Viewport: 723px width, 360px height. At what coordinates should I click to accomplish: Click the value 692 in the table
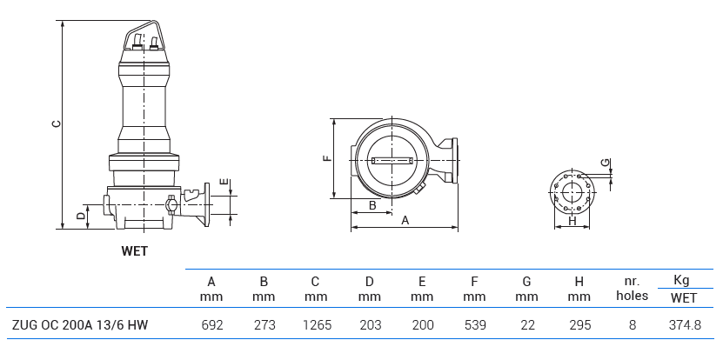point(211,325)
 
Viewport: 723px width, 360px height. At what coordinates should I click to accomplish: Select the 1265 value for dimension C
point(316,325)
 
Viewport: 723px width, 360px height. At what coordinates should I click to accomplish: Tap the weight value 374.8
point(684,325)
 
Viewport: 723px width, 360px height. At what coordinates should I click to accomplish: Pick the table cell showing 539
point(474,325)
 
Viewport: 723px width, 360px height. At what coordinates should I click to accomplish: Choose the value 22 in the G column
point(526,325)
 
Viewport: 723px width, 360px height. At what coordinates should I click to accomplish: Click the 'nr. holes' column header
point(632,289)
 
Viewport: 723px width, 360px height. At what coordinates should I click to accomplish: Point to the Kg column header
point(683,280)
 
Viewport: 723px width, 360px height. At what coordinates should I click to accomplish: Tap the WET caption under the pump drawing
point(135,251)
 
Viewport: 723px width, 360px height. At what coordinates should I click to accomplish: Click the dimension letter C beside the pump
point(55,123)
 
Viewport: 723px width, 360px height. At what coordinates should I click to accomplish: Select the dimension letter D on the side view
point(80,215)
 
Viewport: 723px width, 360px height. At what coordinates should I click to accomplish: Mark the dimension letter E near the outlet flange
point(224,183)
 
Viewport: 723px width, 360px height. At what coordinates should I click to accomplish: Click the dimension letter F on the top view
point(326,158)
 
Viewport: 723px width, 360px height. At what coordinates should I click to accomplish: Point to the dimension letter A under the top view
point(405,221)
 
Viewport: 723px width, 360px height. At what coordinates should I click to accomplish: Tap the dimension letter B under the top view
point(372,205)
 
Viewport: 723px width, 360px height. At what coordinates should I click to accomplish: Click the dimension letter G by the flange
point(605,163)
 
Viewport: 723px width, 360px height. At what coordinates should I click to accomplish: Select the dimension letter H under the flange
point(572,222)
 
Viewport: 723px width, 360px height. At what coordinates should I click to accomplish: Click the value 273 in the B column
point(264,325)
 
